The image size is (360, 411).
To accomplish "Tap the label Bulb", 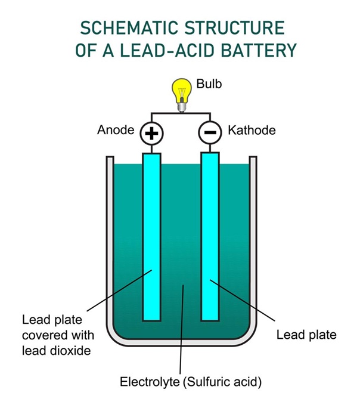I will click(x=209, y=84).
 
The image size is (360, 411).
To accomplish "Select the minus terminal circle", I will click(x=209, y=133).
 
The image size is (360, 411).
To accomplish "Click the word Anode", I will click(x=115, y=130).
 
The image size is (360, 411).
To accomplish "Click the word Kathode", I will click(x=252, y=130).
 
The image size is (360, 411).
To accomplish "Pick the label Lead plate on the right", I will click(x=306, y=335).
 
